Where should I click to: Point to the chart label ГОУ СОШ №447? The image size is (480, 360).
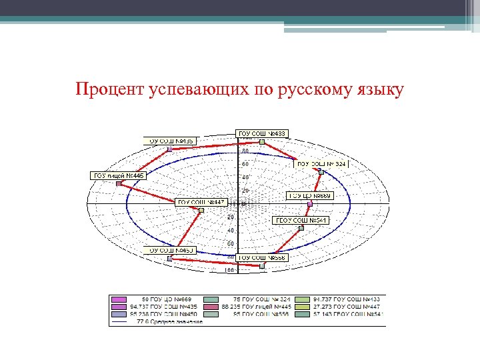201,202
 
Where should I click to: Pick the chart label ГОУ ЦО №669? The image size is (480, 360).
309,196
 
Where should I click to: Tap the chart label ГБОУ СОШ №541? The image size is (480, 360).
301,220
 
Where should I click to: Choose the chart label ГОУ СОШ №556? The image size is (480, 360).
261,257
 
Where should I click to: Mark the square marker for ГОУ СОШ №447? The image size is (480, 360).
201,210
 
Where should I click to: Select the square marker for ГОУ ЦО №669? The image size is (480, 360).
309,204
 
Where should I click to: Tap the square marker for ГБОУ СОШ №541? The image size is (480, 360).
301,228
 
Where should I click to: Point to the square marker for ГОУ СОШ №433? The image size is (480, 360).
262,141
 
